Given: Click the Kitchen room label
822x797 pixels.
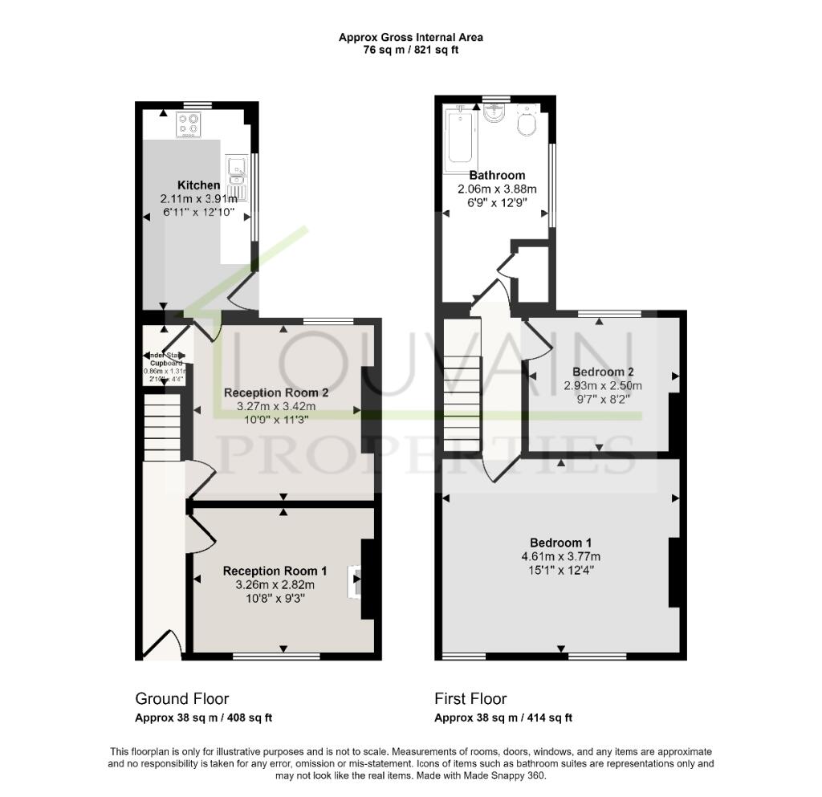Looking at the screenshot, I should [x=198, y=185].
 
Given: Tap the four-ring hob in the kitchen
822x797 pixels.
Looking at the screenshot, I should [x=189, y=124].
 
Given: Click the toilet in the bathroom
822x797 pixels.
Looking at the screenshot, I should [x=527, y=125].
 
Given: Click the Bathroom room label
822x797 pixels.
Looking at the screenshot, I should [x=497, y=175].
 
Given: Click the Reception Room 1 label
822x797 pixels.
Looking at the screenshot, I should [x=275, y=571].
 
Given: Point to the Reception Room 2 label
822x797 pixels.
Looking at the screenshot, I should [x=276, y=392].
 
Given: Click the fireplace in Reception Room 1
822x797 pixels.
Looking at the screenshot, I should [x=354, y=582].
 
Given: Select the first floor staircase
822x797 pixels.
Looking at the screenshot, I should [x=462, y=385].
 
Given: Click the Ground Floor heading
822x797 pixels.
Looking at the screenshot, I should [x=181, y=698].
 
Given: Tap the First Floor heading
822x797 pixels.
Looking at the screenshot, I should [x=470, y=698].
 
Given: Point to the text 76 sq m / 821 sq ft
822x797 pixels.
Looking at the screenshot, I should [x=410, y=50].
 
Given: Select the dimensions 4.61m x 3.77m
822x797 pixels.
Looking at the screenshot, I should [x=561, y=557].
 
